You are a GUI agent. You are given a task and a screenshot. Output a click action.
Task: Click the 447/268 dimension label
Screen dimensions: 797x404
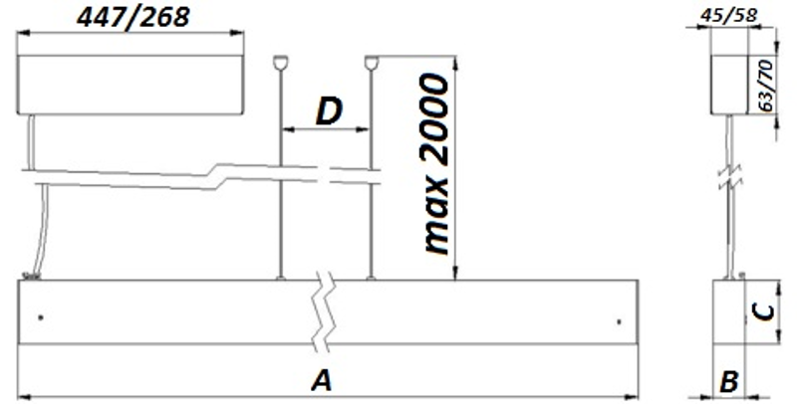pyautogui.click(x=133, y=18)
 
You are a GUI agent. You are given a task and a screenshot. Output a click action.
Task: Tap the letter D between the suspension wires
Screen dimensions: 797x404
pyautogui.click(x=329, y=111)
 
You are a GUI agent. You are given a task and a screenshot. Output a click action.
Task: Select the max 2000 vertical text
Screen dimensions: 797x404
pyautogui.click(x=436, y=163)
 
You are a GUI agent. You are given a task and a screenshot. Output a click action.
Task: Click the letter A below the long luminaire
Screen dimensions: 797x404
pyautogui.click(x=322, y=381)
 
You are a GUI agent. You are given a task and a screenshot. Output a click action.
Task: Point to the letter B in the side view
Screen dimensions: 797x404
pyautogui.click(x=729, y=382)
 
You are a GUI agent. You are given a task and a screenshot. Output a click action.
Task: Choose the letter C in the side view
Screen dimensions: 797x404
pyautogui.click(x=763, y=313)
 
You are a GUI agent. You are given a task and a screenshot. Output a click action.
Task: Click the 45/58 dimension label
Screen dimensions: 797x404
pyautogui.click(x=729, y=15)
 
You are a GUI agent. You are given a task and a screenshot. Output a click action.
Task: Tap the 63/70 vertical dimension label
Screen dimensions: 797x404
pyautogui.click(x=765, y=86)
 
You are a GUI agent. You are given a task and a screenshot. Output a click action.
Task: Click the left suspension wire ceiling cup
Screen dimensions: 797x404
pyautogui.click(x=281, y=63)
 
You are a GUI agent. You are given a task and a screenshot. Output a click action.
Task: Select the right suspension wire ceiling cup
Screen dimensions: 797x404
pyautogui.click(x=372, y=63)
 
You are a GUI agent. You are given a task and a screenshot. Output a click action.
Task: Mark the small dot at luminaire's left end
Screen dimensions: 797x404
pyautogui.click(x=41, y=318)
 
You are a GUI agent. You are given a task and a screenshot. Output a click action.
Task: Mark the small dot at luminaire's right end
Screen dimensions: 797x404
pyautogui.click(x=619, y=321)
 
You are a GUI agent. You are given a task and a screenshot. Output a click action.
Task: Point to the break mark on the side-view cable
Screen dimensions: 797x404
pyautogui.click(x=730, y=176)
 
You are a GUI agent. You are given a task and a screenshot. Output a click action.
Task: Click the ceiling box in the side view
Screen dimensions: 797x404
pyautogui.click(x=730, y=85)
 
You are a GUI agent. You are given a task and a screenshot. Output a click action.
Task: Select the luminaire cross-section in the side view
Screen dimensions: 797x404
pyautogui.click(x=729, y=311)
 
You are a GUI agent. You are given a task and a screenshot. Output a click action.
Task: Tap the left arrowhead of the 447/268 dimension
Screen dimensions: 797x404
pyautogui.click(x=24, y=34)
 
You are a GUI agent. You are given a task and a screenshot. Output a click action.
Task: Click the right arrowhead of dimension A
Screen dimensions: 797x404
pyautogui.click(x=632, y=397)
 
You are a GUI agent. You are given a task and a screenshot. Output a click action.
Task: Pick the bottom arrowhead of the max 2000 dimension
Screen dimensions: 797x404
pyautogui.click(x=455, y=273)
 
